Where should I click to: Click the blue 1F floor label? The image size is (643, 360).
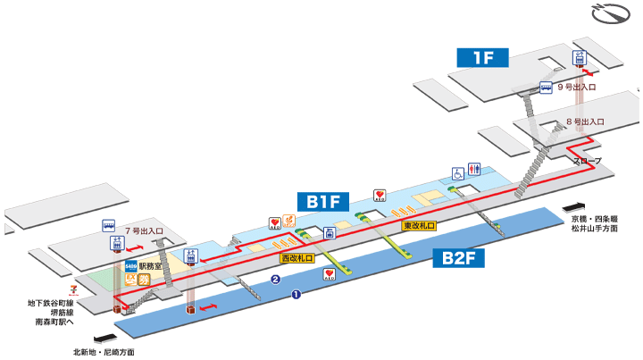tap(483, 59)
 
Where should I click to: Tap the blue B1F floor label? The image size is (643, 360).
tap(324, 201)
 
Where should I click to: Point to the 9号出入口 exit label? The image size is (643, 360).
tap(576, 88)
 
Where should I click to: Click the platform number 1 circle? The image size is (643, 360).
tap(296, 292)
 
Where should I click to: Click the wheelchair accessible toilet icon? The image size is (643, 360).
tap(457, 172)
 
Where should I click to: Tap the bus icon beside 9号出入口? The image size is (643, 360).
tap(545, 88)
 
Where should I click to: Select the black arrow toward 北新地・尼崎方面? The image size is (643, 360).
tap(104, 339)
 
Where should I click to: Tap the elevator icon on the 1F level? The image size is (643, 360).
tap(578, 59)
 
